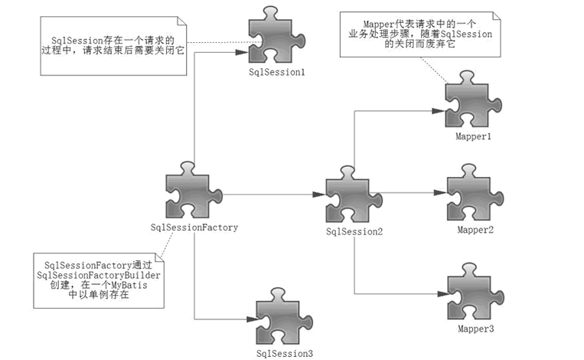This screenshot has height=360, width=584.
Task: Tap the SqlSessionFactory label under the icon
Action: [194, 227]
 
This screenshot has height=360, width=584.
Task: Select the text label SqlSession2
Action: [354, 232]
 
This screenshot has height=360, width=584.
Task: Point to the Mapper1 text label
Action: [472, 136]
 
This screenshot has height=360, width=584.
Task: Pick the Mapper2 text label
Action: [475, 230]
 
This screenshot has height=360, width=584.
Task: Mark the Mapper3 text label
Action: [475, 329]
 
